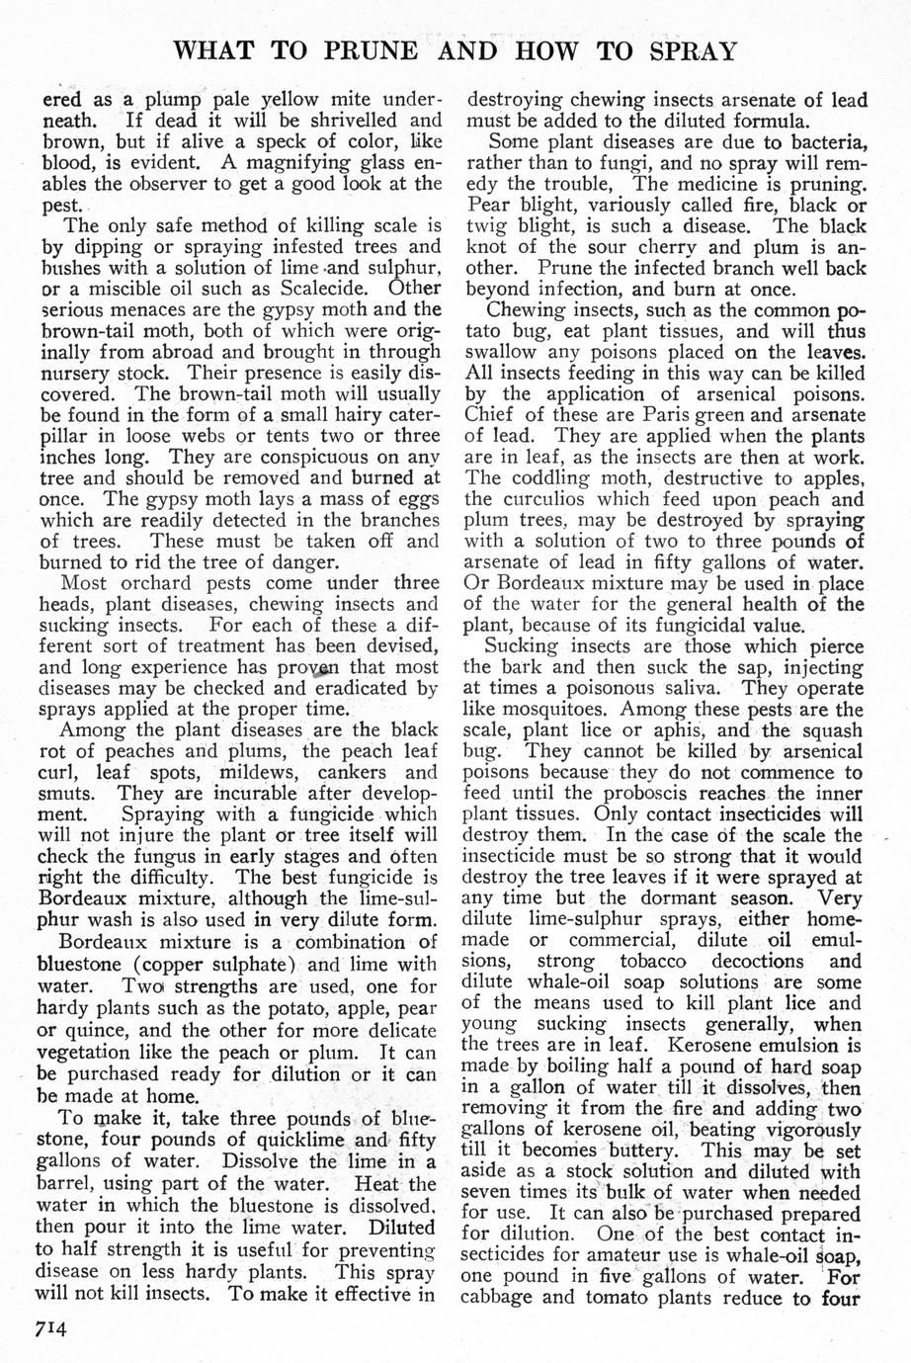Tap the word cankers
coord(362,770)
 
